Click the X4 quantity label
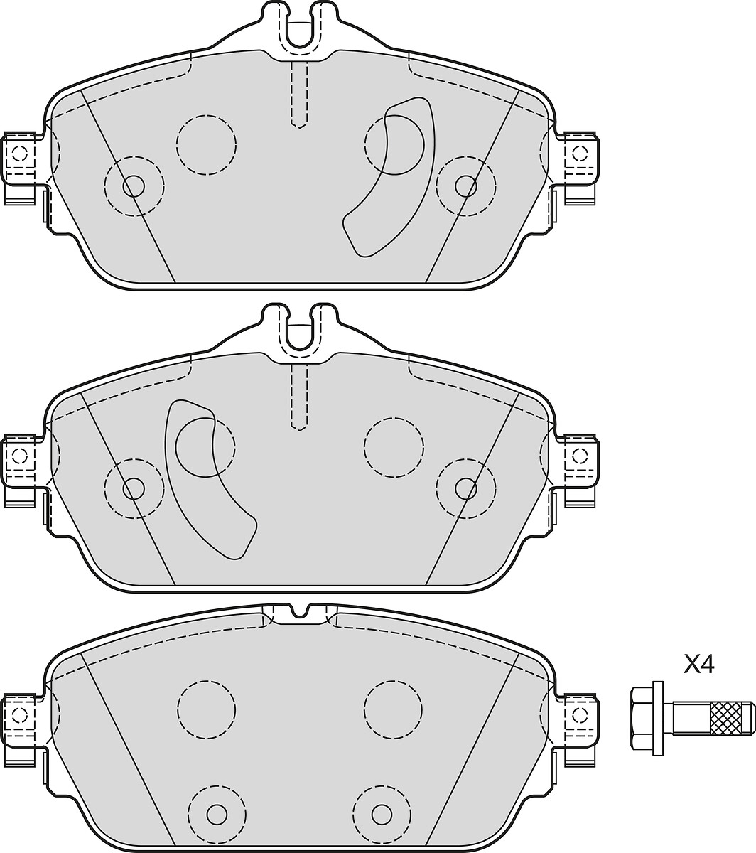[x=698, y=665]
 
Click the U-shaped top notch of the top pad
[x=299, y=27]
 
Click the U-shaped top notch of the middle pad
[x=299, y=331]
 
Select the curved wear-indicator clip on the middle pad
[x=210, y=480]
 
